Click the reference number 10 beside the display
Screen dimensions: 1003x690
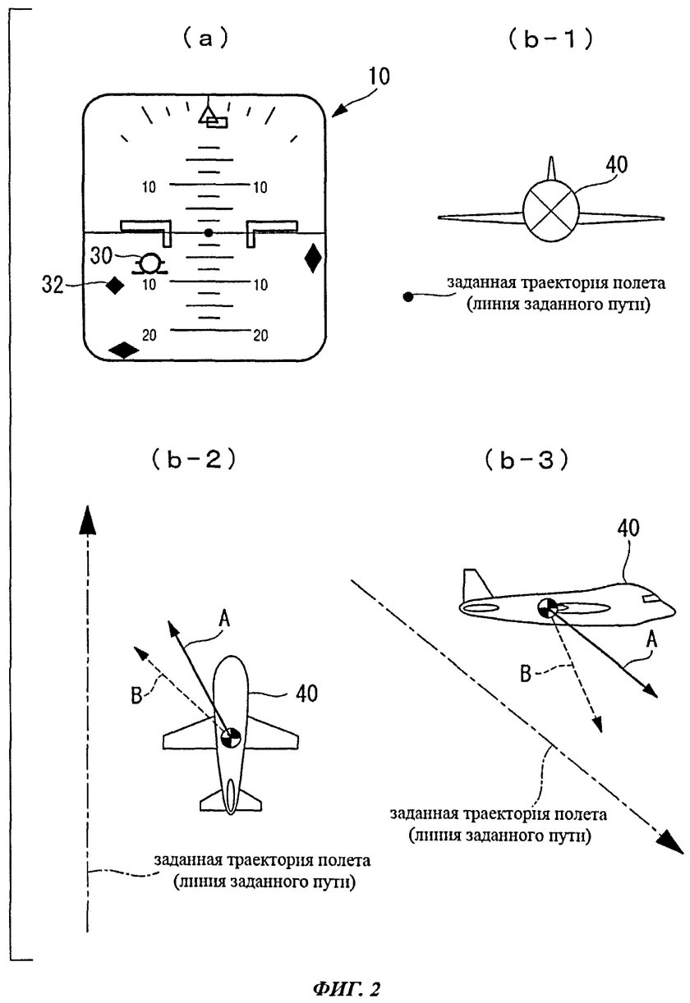tap(379, 78)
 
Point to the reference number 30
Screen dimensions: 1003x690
tap(125, 256)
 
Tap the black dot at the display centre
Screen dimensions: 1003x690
tap(209, 233)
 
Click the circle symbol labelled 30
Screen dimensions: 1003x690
tap(150, 263)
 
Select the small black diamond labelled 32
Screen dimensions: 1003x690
tap(115, 286)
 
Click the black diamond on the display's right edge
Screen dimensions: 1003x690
tap(313, 259)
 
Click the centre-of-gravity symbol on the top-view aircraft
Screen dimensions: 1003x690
tap(231, 737)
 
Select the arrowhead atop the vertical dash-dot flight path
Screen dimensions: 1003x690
tap(85, 520)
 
